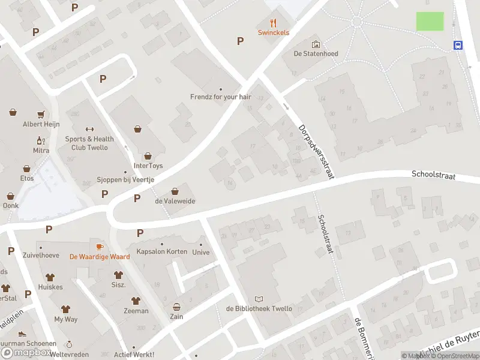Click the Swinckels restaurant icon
[274, 23]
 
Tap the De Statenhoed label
[316, 53]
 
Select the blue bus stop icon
[458, 45]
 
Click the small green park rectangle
[430, 21]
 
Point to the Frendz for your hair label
[220, 96]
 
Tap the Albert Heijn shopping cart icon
[41, 114]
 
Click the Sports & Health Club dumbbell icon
[90, 129]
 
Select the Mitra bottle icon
[41, 140]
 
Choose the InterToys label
[148, 166]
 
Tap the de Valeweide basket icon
[175, 191]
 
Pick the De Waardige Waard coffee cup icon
[100, 247]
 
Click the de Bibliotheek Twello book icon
[259, 299]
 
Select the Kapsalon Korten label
[161, 251]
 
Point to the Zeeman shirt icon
[136, 301]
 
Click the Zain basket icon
[176, 306]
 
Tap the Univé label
[200, 252]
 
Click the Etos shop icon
[26, 169]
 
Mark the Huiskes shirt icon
[50, 277]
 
